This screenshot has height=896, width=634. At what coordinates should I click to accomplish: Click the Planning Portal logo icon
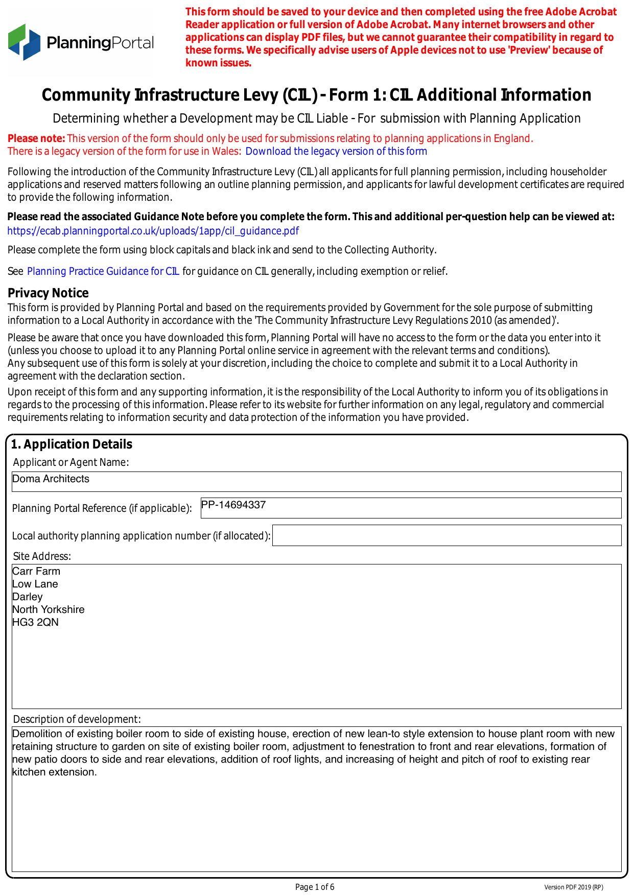(24, 42)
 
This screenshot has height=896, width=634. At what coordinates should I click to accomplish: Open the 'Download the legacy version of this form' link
(336, 151)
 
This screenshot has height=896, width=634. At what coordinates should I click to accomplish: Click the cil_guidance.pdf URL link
(153, 231)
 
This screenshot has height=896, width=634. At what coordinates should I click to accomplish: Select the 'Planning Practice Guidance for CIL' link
(103, 271)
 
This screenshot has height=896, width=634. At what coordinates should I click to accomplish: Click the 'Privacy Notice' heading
(48, 293)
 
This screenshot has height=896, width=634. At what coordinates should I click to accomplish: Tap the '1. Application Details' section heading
(72, 444)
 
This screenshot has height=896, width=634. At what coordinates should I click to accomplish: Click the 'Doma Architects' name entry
(51, 479)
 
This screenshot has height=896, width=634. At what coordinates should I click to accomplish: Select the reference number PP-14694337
(233, 505)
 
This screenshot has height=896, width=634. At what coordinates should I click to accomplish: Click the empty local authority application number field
(446, 535)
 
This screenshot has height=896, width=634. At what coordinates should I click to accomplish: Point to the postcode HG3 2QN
(35, 622)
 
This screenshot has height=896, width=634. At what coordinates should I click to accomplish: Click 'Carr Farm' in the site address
(36, 571)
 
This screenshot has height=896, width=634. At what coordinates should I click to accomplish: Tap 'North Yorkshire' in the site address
(49, 609)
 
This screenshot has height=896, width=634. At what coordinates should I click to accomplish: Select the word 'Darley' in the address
(28, 597)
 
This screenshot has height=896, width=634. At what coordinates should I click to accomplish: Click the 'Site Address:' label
(42, 556)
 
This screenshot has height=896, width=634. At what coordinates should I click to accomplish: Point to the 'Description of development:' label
(77, 719)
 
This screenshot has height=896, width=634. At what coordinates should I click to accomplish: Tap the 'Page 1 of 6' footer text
(315, 887)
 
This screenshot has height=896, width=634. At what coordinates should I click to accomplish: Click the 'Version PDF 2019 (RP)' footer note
(573, 887)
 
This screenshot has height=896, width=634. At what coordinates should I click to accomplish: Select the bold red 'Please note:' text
(36, 138)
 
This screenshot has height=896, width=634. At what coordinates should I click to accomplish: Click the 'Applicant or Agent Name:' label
(71, 462)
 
